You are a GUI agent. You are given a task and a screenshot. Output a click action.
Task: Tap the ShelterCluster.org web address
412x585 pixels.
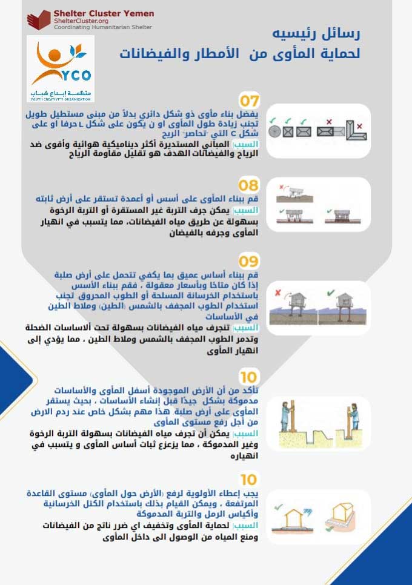pyautogui.click(x=77, y=21)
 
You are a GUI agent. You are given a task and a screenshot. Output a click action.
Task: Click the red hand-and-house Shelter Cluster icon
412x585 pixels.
pyautogui.click(x=39, y=20)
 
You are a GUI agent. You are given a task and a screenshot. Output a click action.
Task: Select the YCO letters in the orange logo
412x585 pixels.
pyautogui.click(x=79, y=75)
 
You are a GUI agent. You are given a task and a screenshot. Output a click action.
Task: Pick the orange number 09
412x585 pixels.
pyautogui.click(x=248, y=262)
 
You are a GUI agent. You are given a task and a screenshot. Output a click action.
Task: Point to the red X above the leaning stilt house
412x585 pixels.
pyautogui.click(x=277, y=292)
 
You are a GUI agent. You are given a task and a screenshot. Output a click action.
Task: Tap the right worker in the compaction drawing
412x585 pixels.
pyautogui.click(x=354, y=417)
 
